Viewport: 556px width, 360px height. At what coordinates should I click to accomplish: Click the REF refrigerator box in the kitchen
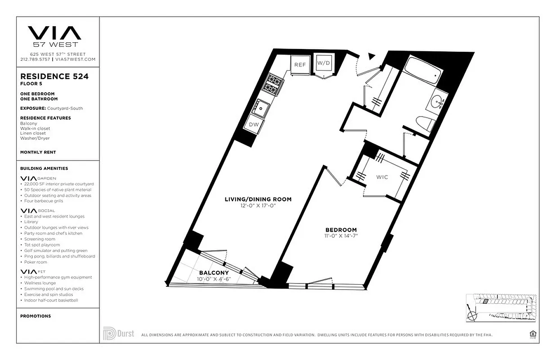coord(300,65)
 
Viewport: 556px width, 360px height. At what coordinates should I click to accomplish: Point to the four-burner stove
coord(273,84)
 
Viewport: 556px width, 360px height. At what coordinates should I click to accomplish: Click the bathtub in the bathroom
coord(421,72)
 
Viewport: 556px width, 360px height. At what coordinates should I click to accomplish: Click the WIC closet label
coord(382,177)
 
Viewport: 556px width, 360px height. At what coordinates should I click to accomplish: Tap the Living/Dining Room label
coord(258,199)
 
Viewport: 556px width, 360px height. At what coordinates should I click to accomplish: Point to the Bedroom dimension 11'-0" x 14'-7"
coord(342,236)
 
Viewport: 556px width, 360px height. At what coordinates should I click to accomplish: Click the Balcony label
coord(214,273)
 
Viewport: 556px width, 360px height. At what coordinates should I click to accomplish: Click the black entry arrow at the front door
coord(372,56)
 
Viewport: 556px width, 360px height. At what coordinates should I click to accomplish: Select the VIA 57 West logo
coord(54,36)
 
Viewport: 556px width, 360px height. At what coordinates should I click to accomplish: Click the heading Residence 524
coord(54,76)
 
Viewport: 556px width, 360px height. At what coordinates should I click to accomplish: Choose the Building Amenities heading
coord(44,168)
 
